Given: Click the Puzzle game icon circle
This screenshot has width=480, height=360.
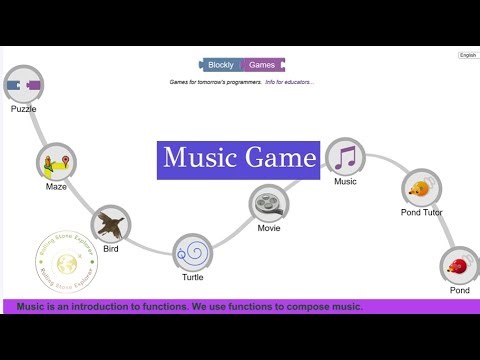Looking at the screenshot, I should (24, 86).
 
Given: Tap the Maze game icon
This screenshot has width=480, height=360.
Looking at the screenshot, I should (57, 163).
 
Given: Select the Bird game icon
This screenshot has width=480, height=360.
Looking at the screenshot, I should (111, 225).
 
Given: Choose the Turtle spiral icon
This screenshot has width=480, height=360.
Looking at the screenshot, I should (192, 253).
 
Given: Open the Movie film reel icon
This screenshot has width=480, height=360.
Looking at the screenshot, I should (268, 205).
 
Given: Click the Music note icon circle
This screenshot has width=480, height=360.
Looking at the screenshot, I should (345, 157).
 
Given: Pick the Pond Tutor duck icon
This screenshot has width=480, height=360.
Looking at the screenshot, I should (422, 188).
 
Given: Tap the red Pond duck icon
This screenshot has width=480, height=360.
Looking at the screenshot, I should (459, 267).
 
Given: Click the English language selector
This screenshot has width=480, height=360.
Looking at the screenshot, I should (468, 56).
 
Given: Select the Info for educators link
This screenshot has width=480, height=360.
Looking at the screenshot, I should (290, 82).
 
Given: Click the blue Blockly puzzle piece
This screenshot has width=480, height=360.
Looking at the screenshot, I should (220, 65).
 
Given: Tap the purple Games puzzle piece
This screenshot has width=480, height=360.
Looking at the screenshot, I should (262, 65).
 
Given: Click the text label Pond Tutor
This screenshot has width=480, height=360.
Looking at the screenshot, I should (421, 212).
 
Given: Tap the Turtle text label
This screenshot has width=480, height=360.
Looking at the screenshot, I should (192, 278).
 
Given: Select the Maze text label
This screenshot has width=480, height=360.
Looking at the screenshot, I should (56, 186).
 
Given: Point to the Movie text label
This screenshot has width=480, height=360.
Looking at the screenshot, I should (268, 228).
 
